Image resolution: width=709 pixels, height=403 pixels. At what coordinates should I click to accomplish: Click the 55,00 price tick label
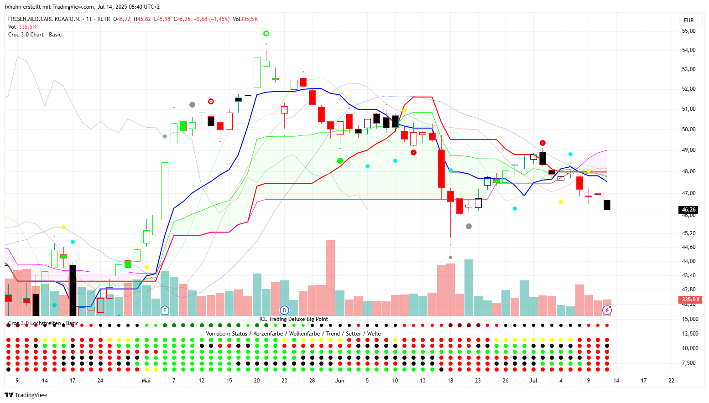coord(688,31)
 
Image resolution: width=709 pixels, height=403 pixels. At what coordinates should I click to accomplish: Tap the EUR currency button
coord(688,21)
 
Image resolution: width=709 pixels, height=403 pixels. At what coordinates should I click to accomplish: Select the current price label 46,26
coord(688,210)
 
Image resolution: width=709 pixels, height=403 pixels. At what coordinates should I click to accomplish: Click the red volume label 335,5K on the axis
coord(690,300)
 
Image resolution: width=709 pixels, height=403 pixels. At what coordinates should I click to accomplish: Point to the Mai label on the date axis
coord(146,381)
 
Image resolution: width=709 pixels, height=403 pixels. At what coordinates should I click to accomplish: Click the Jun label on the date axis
coord(339,381)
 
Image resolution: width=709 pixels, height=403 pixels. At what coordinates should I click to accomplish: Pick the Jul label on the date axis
coord(533,381)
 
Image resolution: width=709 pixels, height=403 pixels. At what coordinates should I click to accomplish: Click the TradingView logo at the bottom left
coord(26,395)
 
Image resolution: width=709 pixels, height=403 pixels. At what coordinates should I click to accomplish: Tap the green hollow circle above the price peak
coord(266,33)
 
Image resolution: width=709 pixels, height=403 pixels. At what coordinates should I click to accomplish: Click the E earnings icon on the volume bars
coord(165,310)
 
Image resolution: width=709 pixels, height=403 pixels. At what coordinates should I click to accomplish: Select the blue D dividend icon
coord(284,310)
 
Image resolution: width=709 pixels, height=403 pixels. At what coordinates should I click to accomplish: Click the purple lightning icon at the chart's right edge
coord(607,310)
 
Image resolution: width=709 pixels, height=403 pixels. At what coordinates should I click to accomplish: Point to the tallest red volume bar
coord(330,278)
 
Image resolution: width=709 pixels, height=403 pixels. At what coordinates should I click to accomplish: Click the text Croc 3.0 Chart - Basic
coord(35,35)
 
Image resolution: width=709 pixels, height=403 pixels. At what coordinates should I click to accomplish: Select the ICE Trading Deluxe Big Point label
coord(293,319)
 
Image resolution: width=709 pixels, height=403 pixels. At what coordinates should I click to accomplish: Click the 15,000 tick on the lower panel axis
coord(690,319)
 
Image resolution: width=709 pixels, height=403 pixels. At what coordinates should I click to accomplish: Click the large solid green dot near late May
coord(340,160)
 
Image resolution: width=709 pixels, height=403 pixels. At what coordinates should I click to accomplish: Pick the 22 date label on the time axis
coord(671,381)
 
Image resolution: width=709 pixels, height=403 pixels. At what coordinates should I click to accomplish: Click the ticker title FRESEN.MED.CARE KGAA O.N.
coord(44,19)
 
